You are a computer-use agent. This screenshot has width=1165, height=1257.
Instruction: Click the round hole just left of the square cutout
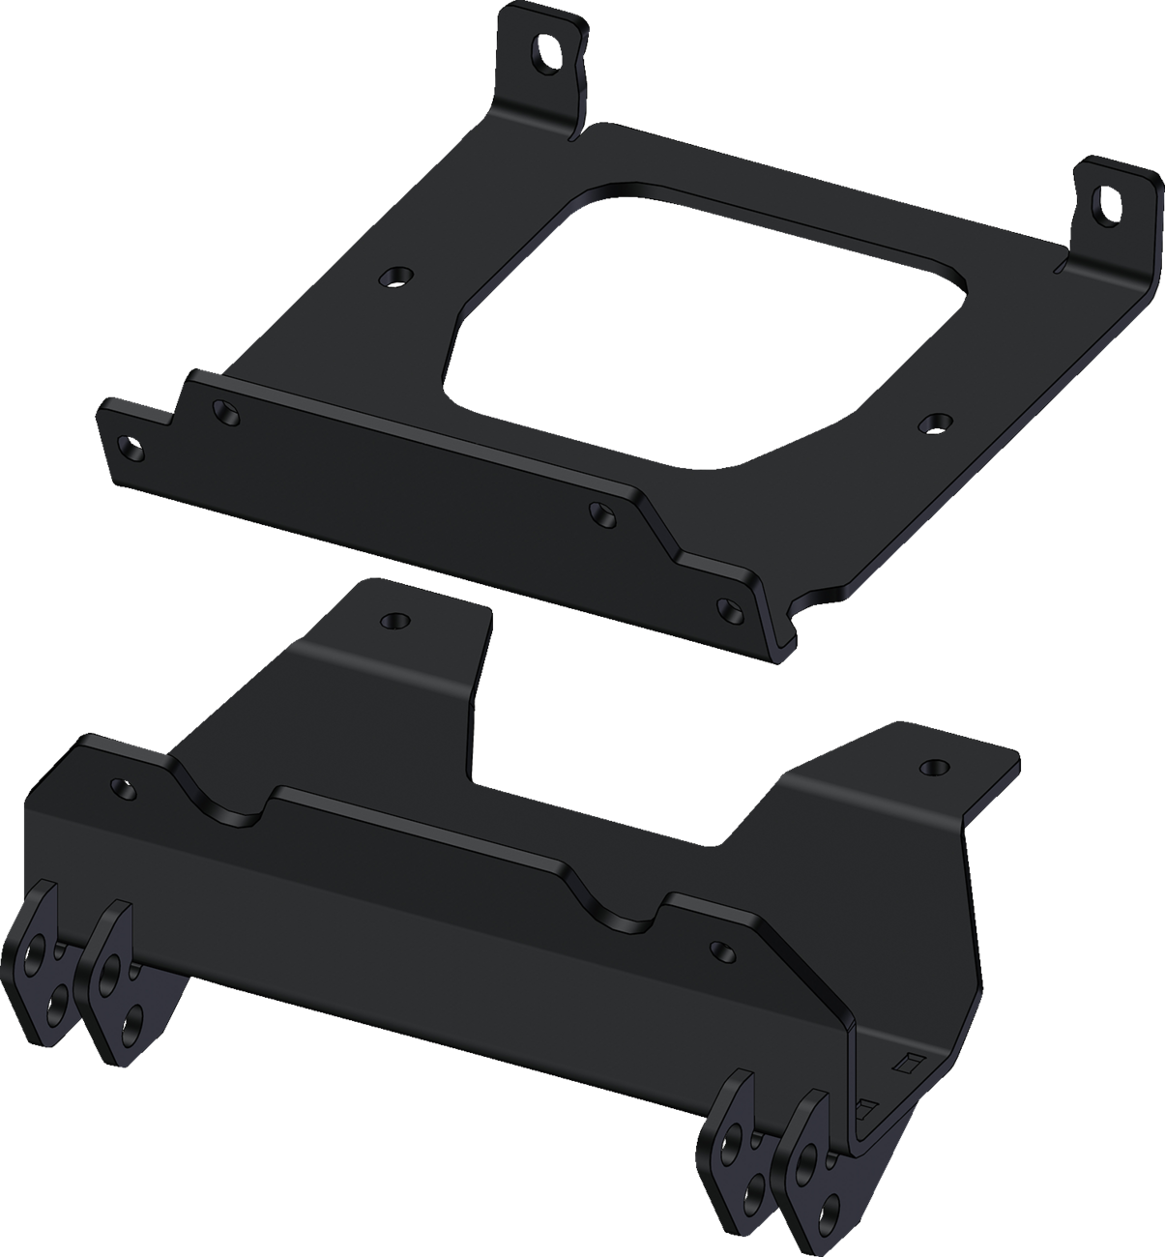pyautogui.click(x=393, y=278)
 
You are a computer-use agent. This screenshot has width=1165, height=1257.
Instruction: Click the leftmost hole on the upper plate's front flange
pyautogui.click(x=127, y=446)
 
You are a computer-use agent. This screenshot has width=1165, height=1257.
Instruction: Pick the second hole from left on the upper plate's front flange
pyautogui.click(x=226, y=413)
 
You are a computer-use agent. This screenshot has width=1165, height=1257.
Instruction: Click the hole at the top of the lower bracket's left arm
pyautogui.click(x=393, y=620)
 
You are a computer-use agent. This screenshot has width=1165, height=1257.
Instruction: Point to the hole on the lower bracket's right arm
pyautogui.click(x=932, y=767)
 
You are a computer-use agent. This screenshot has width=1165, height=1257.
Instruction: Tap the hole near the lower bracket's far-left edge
pyautogui.click(x=122, y=786)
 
